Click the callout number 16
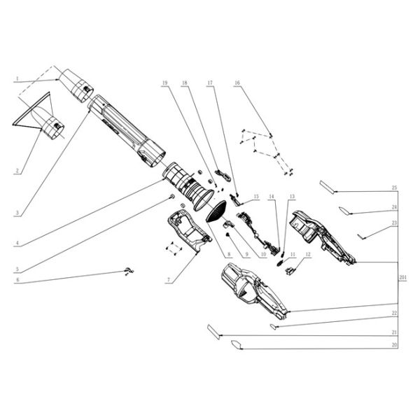coord(237,83)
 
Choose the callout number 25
coord(394,188)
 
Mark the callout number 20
coord(394,345)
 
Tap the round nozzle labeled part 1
coord(76,85)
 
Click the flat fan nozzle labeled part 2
coord(48,124)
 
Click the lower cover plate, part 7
coord(186,231)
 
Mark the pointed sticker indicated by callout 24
coord(346,209)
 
